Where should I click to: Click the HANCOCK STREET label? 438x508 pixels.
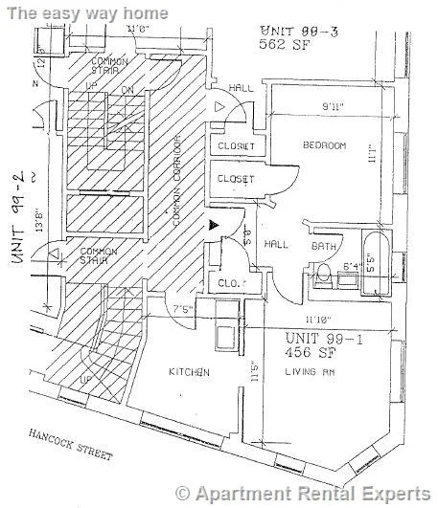click(x=70, y=443)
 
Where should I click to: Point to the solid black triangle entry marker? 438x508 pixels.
click(x=214, y=224)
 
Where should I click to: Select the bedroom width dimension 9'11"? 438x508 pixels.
click(x=334, y=106)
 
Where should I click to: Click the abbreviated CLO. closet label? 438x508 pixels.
click(x=228, y=282)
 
